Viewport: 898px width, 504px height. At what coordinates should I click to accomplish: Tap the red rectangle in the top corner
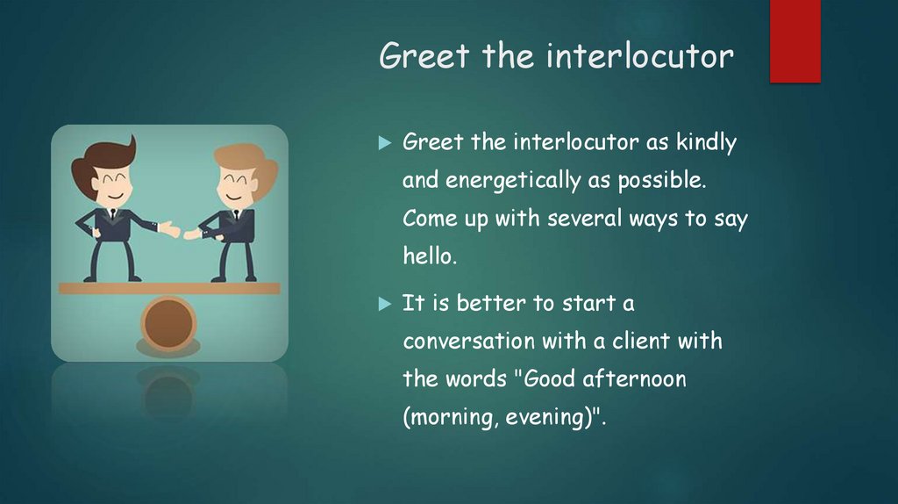(795, 40)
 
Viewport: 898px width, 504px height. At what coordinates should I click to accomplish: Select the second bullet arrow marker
(383, 304)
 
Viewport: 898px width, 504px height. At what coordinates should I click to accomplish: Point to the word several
(582, 220)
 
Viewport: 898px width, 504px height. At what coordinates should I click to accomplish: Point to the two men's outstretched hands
(181, 232)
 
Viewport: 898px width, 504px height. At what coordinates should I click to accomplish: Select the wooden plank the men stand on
(168, 288)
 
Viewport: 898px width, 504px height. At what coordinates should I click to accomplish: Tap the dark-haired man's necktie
(111, 216)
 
